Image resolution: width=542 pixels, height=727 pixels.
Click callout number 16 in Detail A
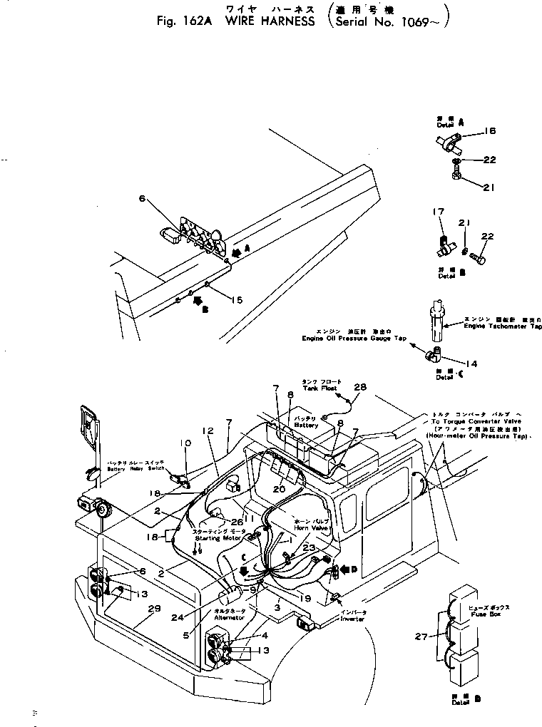point(490,131)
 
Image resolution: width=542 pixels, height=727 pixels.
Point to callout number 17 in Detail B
point(439,212)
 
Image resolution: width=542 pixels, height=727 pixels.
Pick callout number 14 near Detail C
point(471,363)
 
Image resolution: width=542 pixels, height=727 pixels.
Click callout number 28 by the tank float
point(360,387)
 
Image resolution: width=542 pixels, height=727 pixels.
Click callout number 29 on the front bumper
point(155,609)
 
